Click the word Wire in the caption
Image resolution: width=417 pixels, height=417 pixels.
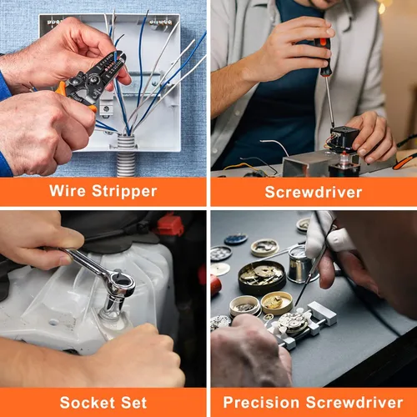coord(68,190)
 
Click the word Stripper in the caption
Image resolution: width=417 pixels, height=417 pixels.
coord(124,192)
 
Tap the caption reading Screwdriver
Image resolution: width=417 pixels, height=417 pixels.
coord(314,192)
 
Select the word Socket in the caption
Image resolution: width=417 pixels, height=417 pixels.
coord(86,403)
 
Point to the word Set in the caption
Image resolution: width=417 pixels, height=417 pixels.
coord(133,403)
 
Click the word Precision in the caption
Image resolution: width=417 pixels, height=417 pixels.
coord(261,402)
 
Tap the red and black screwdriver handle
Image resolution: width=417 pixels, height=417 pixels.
coord(324,57)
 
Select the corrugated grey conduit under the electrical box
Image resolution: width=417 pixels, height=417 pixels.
coord(126,156)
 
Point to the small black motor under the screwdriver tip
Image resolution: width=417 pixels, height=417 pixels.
coord(343,138)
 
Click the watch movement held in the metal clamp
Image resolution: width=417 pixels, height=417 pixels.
coord(294,322)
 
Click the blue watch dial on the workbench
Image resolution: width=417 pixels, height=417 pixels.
coord(236,239)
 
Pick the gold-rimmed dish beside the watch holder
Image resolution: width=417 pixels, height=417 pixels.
coord(277,303)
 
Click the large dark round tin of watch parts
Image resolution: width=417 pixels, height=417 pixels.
coord(262,277)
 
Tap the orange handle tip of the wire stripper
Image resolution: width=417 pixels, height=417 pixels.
coord(94,109)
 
